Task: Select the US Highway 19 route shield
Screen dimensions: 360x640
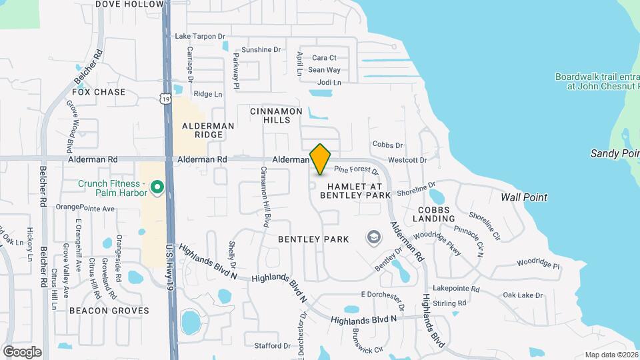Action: point(165,99)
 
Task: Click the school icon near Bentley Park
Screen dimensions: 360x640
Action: point(373,237)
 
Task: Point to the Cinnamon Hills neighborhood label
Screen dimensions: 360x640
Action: point(276,115)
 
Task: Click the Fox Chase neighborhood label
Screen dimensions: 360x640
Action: point(99,92)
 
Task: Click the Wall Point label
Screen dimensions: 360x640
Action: point(524,197)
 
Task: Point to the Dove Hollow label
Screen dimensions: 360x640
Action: point(129,4)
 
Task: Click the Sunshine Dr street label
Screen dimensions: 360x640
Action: point(261,49)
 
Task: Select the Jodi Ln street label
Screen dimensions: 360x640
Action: point(329,83)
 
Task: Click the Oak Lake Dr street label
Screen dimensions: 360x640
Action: point(523,295)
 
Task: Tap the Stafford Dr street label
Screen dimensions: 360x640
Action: point(273,346)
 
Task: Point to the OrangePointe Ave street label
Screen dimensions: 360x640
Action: point(85,208)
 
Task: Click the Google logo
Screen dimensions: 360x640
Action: point(22,352)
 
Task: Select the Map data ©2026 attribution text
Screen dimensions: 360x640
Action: point(611,355)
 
